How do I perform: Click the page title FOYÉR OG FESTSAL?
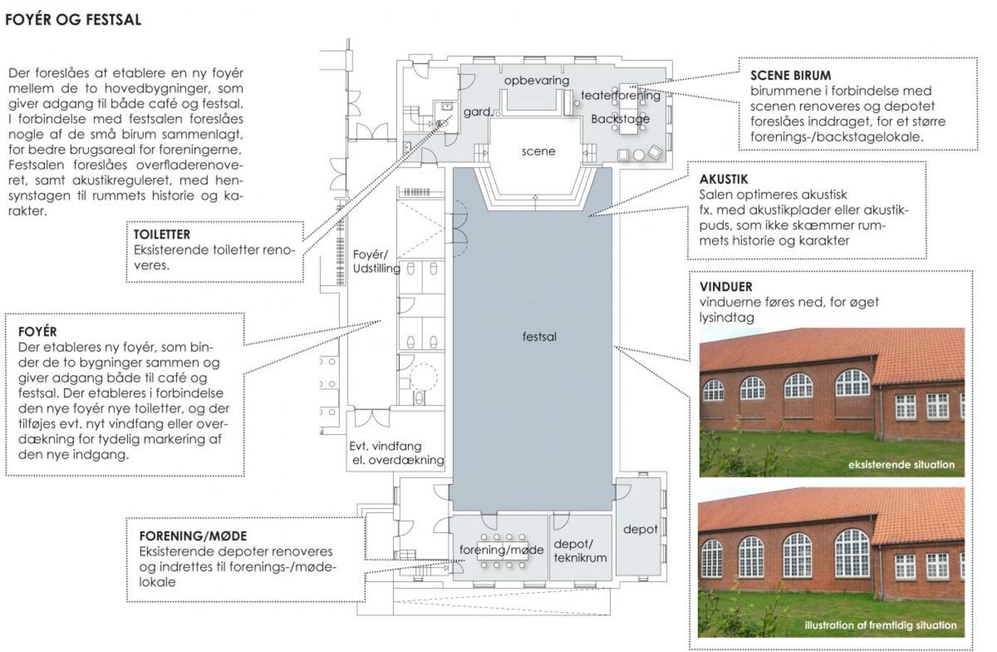(x=73, y=20)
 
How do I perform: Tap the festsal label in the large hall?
(x=539, y=336)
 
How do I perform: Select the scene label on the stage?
(x=538, y=151)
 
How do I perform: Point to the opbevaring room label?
(x=536, y=81)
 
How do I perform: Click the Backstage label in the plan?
(x=620, y=119)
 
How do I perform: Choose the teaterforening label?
(x=620, y=95)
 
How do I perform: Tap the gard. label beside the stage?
(x=478, y=111)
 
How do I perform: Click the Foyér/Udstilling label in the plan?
(x=377, y=262)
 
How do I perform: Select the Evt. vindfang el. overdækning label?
(x=397, y=453)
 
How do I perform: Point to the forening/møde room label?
(x=501, y=550)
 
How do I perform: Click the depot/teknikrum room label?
(x=580, y=551)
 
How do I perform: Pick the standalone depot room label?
(x=640, y=529)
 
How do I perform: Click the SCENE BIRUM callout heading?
(x=790, y=76)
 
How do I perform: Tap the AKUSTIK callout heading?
(x=724, y=179)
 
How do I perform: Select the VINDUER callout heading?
(x=726, y=286)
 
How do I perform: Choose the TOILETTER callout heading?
(x=162, y=234)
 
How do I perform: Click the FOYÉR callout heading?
(x=37, y=331)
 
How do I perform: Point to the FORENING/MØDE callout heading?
(x=193, y=536)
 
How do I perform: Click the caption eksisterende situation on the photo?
(x=902, y=465)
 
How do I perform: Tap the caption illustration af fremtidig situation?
(x=880, y=626)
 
